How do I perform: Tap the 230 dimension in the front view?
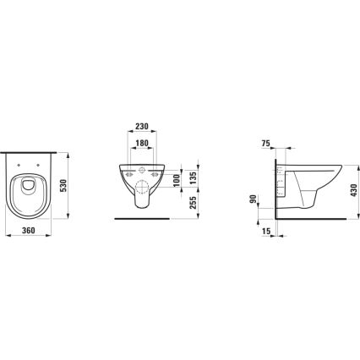(143, 127)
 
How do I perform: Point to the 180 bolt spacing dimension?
(143, 145)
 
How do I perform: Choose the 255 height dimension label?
(194, 202)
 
